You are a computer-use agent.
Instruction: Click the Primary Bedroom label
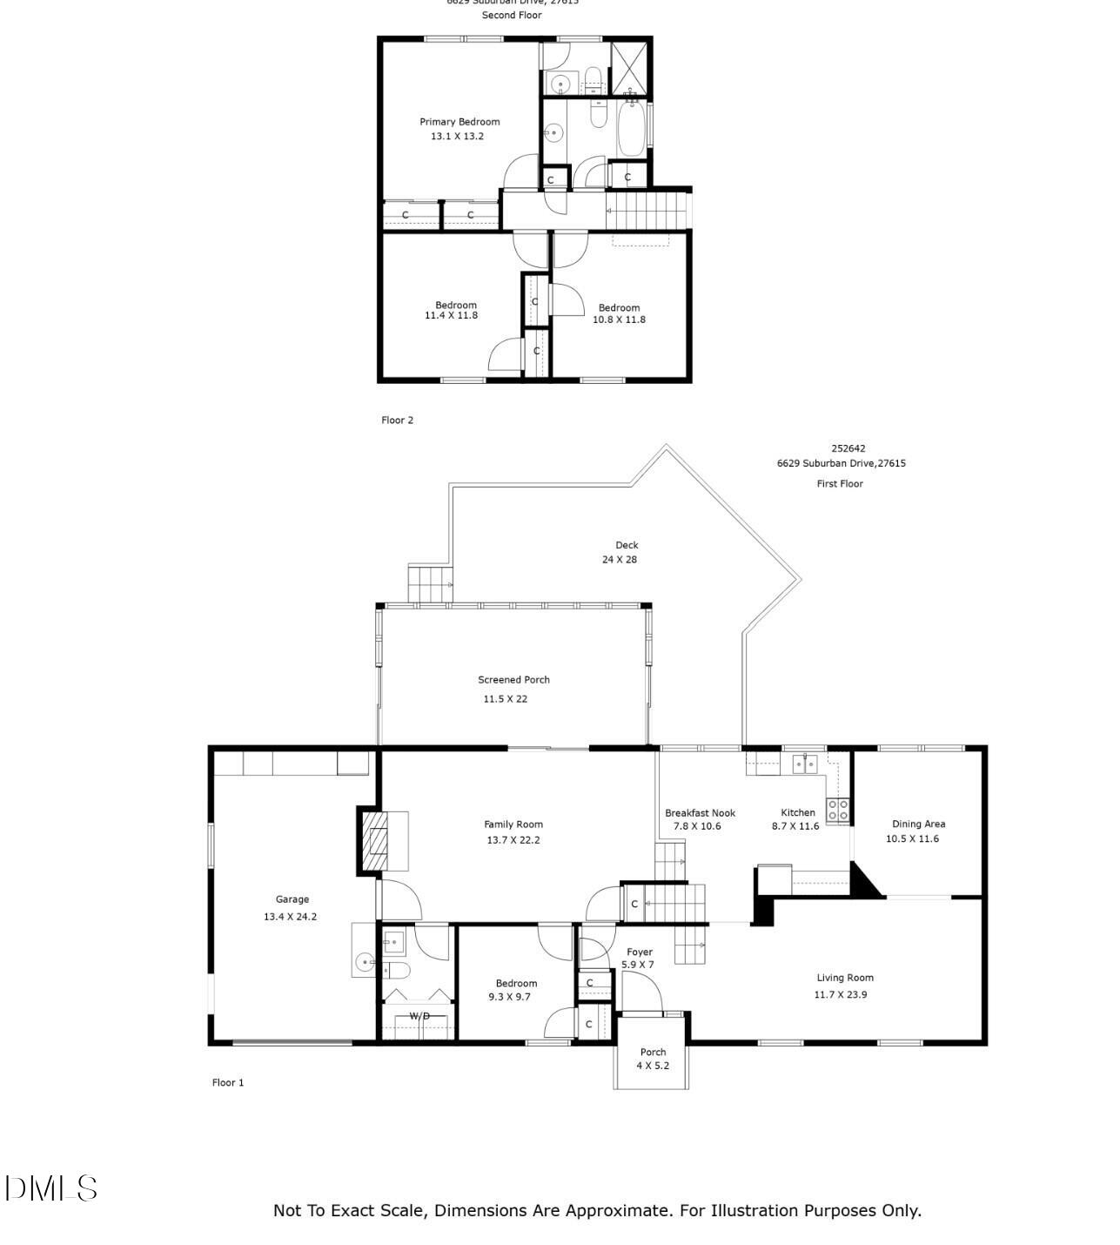point(459,122)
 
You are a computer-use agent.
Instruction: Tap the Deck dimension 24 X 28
point(619,560)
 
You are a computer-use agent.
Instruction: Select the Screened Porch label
point(513,680)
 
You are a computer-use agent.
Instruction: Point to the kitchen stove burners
point(837,810)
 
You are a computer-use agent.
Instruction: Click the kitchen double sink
point(804,764)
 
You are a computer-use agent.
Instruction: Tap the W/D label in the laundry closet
point(419,1016)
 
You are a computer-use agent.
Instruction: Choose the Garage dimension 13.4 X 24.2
point(290,917)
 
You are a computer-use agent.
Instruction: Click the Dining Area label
point(918,824)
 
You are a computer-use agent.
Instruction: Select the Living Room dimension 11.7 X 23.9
point(840,994)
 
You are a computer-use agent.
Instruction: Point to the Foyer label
point(640,952)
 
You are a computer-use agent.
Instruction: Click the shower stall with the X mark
point(629,67)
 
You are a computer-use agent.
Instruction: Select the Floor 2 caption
point(397,421)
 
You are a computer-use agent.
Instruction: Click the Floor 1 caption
point(228,1082)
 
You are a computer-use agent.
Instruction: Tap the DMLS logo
point(51,1188)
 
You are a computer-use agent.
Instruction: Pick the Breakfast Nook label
point(700,813)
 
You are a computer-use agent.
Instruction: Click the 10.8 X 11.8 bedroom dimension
point(619,320)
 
